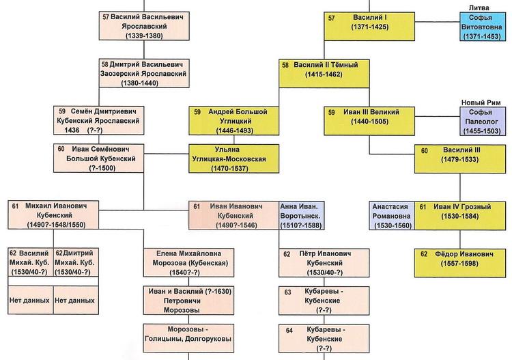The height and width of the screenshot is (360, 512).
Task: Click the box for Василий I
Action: coord(369,27)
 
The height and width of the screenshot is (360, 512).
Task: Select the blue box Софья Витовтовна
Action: coord(482,27)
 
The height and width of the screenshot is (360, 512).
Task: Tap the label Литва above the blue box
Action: coord(479,8)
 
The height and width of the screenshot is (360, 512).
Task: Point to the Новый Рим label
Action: coord(481,102)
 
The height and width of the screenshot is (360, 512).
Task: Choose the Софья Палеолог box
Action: coord(483,121)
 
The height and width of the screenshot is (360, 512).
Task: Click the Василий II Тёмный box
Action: coord(324,74)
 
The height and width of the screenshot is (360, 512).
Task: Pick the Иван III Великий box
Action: coord(369,121)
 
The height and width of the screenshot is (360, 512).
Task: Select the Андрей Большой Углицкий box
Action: coord(233,121)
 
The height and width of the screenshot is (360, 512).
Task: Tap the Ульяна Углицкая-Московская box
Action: coord(233,158)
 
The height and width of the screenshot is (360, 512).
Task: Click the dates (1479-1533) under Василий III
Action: coord(459,159)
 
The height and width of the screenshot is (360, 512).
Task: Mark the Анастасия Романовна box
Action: coord(392,216)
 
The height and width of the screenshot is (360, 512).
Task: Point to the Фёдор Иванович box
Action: coord(460,263)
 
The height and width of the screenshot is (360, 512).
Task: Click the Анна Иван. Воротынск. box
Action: coord(301,216)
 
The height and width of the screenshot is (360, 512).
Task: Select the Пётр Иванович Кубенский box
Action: coord(324,263)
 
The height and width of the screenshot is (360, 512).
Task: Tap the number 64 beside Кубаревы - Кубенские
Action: coord(289,331)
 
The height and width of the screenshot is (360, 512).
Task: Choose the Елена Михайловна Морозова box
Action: coord(188,262)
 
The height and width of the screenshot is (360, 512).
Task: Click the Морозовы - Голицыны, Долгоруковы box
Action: coord(188,338)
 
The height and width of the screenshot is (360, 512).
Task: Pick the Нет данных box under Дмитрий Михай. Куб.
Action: coord(76,300)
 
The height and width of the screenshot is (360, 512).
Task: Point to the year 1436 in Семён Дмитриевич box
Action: coord(72,130)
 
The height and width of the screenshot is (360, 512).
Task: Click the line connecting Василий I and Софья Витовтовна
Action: coord(437,22)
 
